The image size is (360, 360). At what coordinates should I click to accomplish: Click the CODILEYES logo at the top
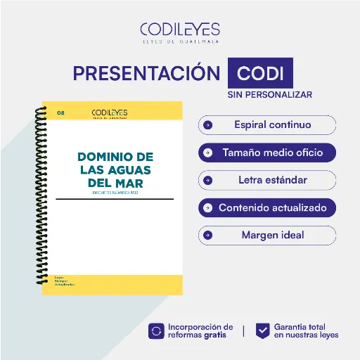pyautogui.click(x=180, y=31)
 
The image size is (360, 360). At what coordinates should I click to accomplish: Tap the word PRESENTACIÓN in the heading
pyautogui.click(x=146, y=74)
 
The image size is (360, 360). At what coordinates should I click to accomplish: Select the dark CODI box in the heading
pyautogui.click(x=260, y=74)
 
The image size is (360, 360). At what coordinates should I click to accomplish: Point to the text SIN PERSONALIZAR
pyautogui.click(x=269, y=94)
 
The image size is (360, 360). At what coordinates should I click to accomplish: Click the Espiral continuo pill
pyautogui.click(x=267, y=125)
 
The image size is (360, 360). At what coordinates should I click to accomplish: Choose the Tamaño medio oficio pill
pyautogui.click(x=267, y=153)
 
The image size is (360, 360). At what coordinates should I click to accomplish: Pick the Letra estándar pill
pyautogui.click(x=267, y=180)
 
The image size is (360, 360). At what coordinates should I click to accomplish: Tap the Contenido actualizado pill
pyautogui.click(x=267, y=207)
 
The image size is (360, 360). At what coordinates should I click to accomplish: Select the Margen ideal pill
pyautogui.click(x=267, y=235)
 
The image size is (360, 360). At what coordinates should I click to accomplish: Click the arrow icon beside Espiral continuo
pyautogui.click(x=207, y=125)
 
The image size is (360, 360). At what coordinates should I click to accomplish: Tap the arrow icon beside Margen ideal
pyautogui.click(x=207, y=235)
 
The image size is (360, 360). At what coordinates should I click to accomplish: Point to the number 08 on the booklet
pyautogui.click(x=60, y=112)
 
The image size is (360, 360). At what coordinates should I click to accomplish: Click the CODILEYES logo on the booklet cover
pyautogui.click(x=110, y=112)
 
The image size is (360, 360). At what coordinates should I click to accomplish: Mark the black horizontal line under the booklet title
pyautogui.click(x=115, y=199)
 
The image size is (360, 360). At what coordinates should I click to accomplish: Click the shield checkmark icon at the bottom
pyautogui.click(x=262, y=330)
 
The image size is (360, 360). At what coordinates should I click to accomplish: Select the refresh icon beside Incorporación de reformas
pyautogui.click(x=156, y=330)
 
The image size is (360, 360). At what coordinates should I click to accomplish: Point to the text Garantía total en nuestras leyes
pyautogui.click(x=306, y=330)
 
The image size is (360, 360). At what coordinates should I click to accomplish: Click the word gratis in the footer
pyautogui.click(x=215, y=335)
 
